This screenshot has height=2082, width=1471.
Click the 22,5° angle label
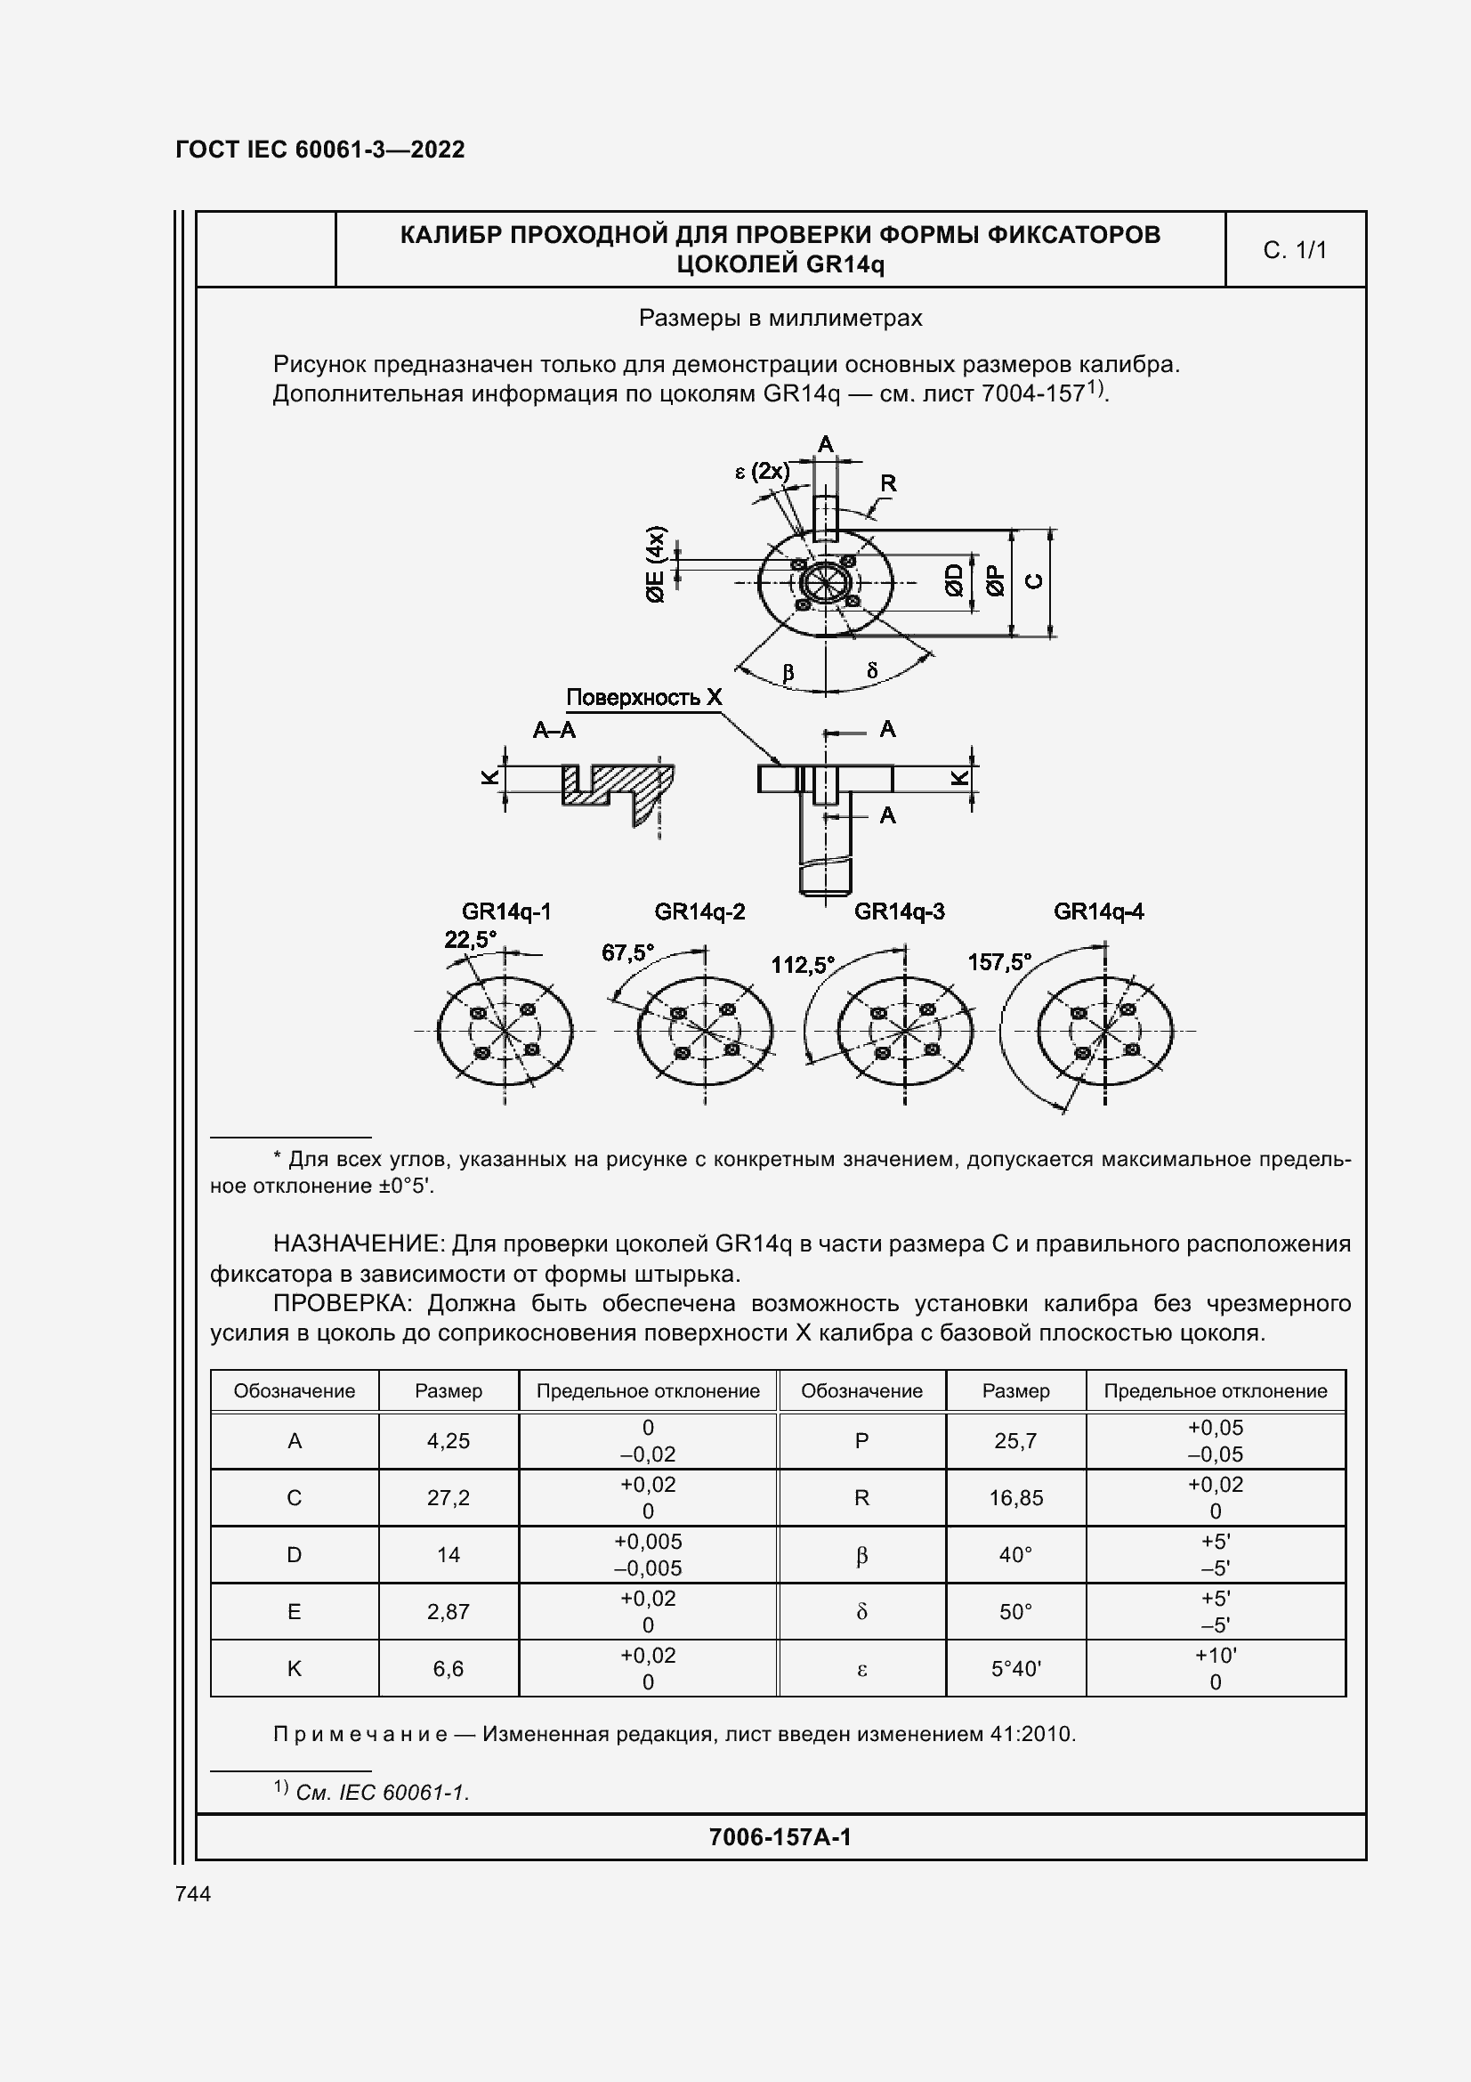tap(471, 939)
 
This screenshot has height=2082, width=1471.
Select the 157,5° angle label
tap(998, 962)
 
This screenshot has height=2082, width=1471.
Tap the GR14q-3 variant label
tap(899, 911)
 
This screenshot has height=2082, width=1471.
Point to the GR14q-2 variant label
tap(699, 911)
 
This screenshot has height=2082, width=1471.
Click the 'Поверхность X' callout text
tap(643, 697)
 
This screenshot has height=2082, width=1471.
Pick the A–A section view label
tap(554, 730)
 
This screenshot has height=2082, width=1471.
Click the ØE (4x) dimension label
tap(655, 564)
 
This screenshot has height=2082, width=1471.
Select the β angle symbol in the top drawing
tap(788, 673)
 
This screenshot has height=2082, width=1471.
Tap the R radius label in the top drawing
tap(888, 483)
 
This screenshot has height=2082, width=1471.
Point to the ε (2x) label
tap(763, 472)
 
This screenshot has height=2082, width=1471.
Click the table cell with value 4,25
tap(449, 1441)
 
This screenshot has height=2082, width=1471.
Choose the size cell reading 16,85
tap(1016, 1498)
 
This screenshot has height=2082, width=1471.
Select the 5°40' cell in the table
tap(1016, 1668)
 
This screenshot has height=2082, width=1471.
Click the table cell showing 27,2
tap(449, 1498)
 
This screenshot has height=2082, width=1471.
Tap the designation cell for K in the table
tap(295, 1668)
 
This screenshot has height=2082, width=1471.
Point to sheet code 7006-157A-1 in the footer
tap(780, 1837)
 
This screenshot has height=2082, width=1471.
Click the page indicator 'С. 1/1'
tap(1295, 250)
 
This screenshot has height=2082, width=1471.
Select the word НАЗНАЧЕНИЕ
tap(357, 1244)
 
